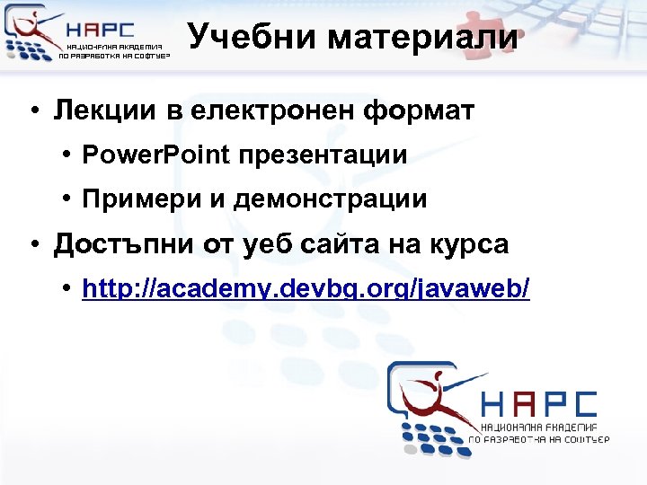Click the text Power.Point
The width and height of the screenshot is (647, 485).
155,155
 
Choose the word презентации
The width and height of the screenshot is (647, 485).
323,155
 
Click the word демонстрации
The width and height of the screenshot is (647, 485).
331,199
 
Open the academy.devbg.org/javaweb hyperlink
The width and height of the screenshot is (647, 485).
306,288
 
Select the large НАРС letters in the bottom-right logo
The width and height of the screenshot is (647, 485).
538,404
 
